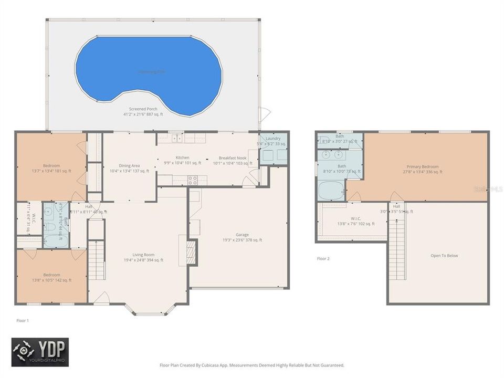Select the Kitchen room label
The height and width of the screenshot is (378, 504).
coord(182,157)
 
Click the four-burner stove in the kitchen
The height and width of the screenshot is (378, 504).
coord(193,180)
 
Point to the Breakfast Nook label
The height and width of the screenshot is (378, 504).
coord(233,158)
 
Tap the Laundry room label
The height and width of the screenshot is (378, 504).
coord(273,138)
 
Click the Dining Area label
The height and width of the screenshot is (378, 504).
coord(129,165)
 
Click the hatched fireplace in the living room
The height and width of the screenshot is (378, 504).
coord(192,251)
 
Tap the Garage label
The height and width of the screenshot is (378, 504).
coord(242,235)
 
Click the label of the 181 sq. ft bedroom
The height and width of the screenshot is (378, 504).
coord(51,165)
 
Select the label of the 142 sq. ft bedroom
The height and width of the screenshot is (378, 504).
coord(51,275)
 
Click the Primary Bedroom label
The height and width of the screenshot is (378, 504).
coord(423,166)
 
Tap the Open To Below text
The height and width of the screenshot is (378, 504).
coord(444,256)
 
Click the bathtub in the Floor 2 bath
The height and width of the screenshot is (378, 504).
coord(331,190)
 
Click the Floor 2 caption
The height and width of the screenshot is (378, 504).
coord(324,258)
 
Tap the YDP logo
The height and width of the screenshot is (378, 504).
coord(40,351)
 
